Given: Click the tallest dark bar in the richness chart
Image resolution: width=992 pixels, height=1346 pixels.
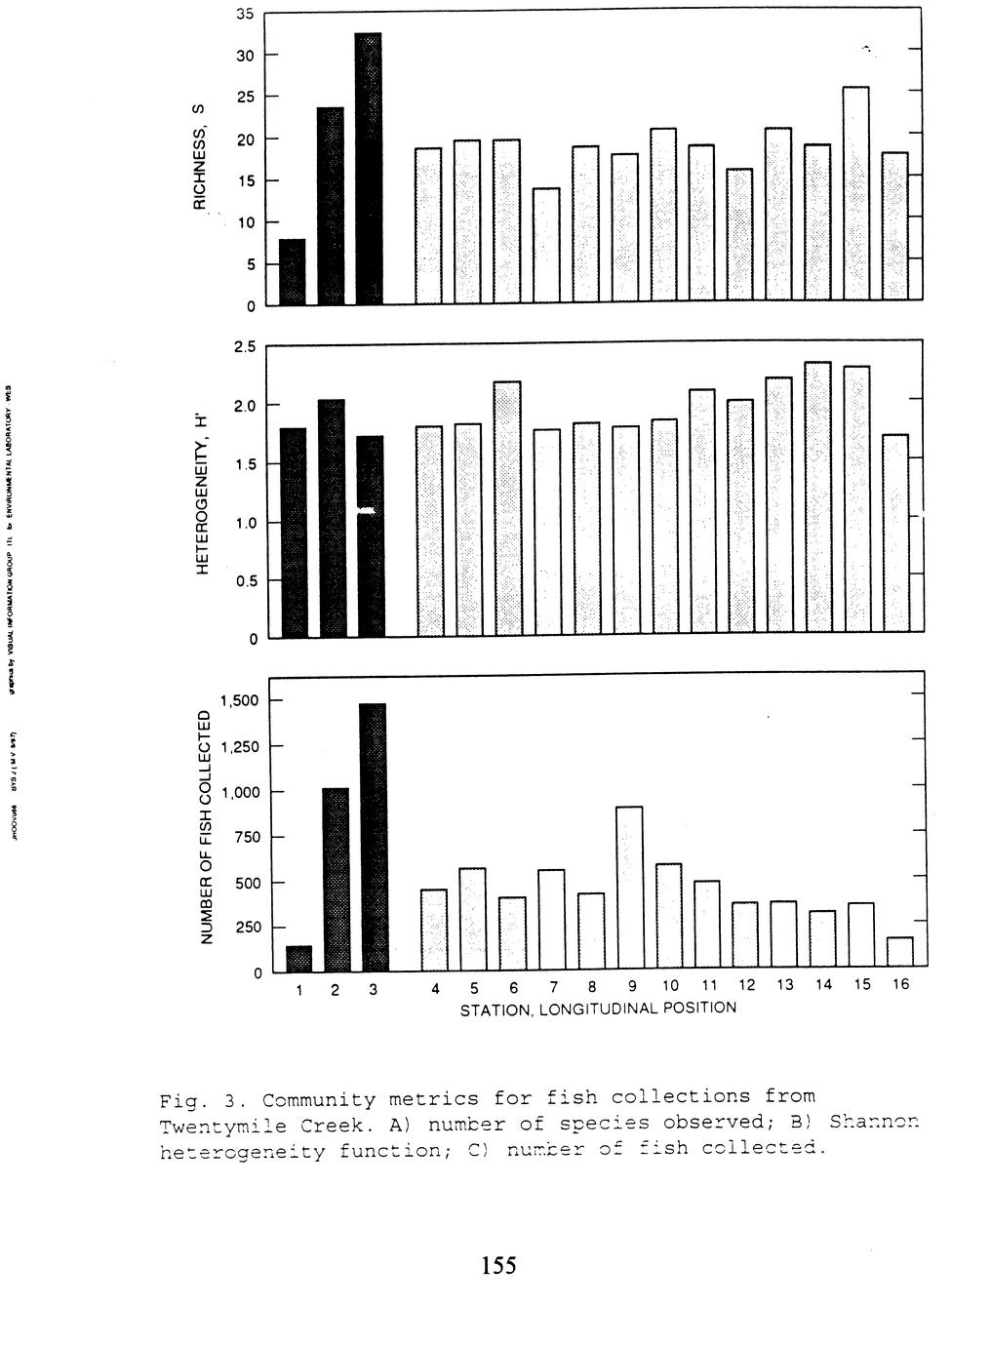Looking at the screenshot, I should click(x=368, y=168).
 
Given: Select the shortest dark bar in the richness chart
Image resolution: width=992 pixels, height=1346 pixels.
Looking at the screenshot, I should click(x=292, y=271).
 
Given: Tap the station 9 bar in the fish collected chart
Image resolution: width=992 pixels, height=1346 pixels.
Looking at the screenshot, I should click(x=629, y=888).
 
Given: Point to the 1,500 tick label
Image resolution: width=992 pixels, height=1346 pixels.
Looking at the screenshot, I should click(x=238, y=701).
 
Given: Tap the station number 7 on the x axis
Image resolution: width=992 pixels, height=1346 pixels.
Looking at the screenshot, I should click(x=553, y=986).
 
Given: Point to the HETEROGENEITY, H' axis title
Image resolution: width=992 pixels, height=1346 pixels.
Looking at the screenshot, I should click(x=203, y=492).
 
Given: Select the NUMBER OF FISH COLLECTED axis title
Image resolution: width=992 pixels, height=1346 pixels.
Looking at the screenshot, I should click(x=205, y=827).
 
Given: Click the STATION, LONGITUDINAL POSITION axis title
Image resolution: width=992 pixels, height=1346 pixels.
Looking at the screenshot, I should click(x=598, y=1008).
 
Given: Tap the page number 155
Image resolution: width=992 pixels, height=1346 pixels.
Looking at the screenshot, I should click(x=497, y=1266).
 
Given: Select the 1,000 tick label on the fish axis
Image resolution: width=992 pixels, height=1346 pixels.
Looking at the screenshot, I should click(x=238, y=793).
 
